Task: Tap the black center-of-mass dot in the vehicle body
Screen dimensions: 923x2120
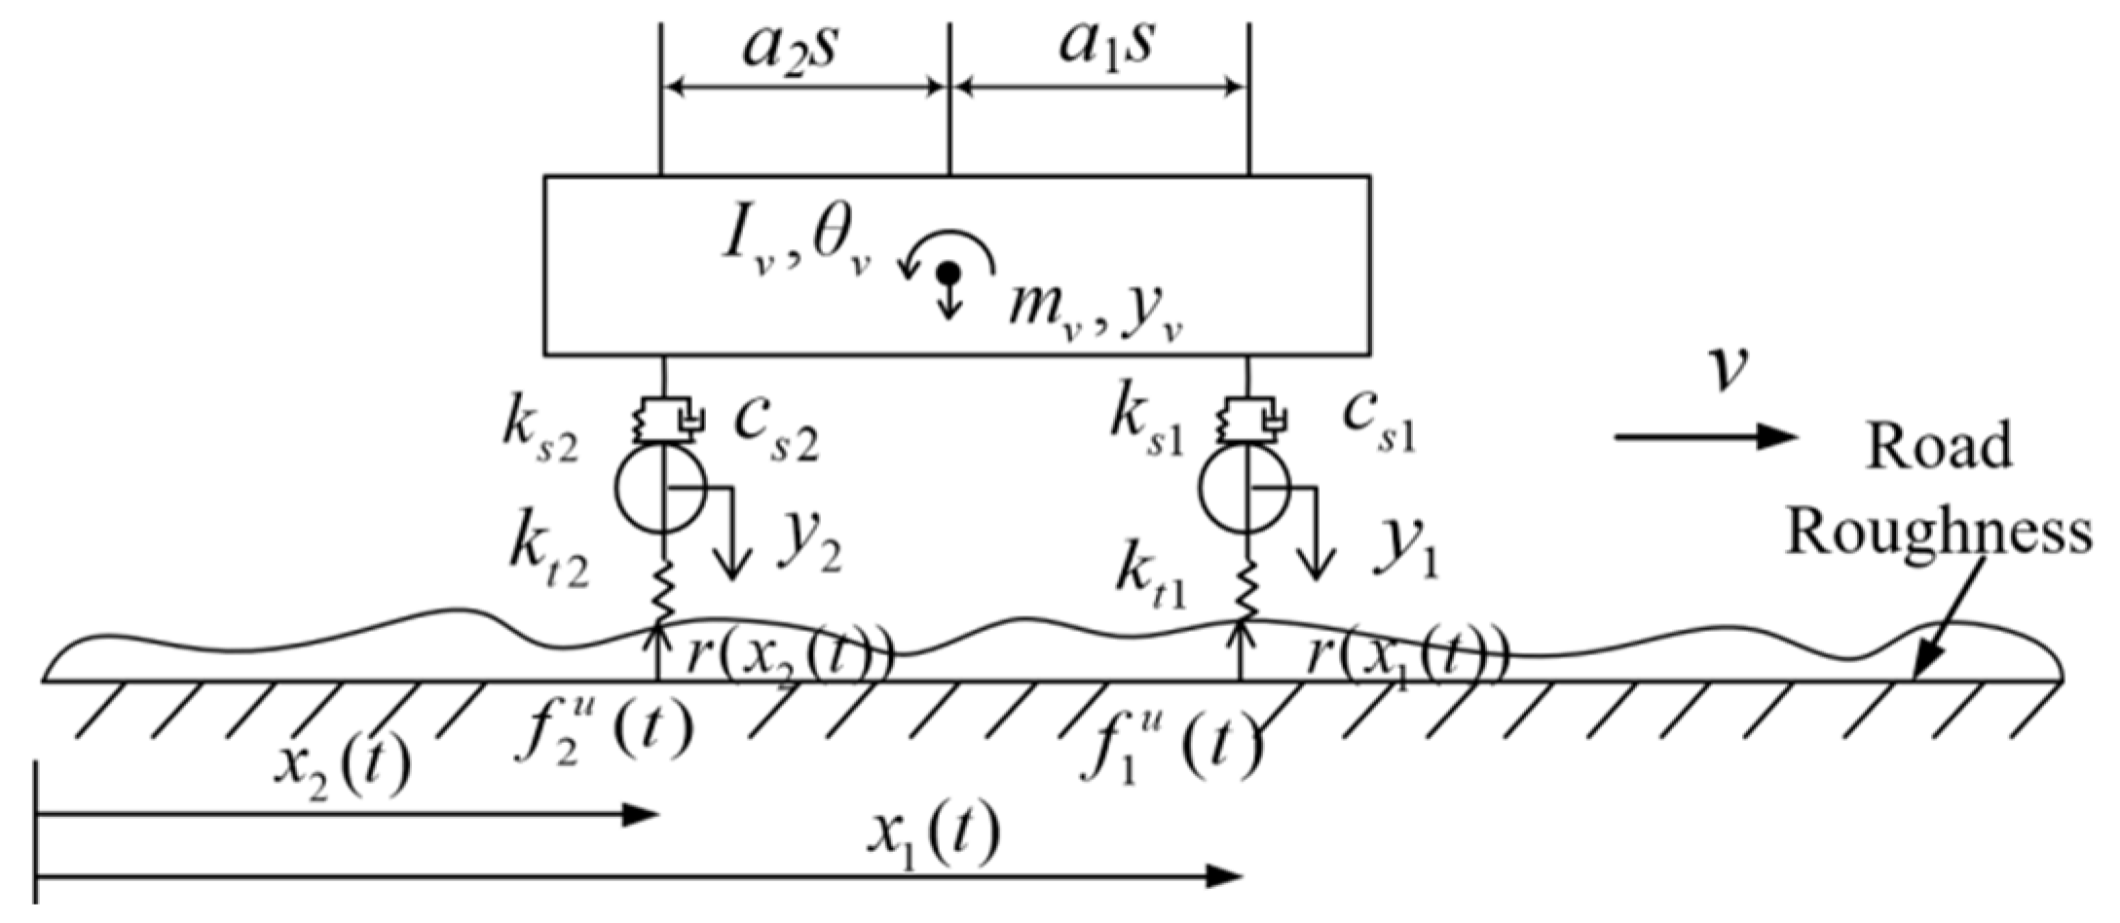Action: [x=949, y=274]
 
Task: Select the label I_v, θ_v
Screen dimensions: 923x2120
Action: [x=794, y=242]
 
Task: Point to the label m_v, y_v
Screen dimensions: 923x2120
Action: [x=1096, y=314]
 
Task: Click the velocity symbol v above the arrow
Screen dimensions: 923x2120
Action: [x=1728, y=369]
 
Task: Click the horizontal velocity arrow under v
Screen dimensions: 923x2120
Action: [x=1704, y=436]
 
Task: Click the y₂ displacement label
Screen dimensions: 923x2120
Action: [x=809, y=550]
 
